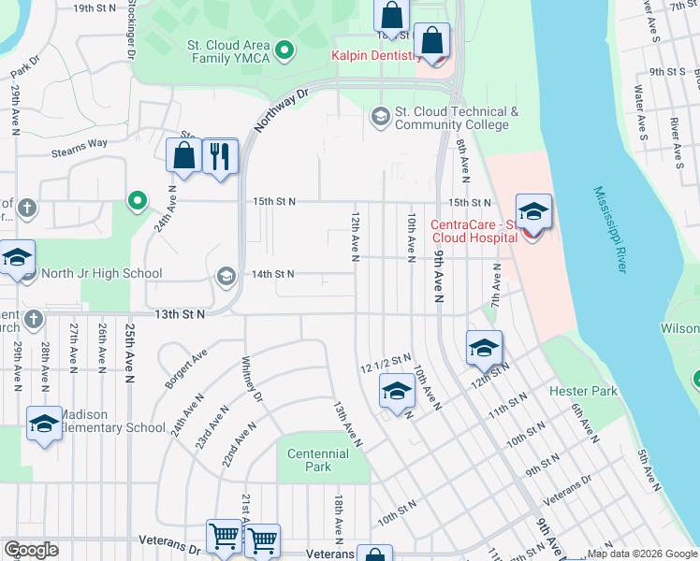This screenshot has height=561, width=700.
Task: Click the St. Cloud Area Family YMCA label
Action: point(228,51)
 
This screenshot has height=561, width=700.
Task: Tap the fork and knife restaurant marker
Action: point(220,156)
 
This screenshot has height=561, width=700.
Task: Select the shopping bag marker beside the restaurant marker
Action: point(184,156)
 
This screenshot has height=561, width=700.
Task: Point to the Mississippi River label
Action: point(607,229)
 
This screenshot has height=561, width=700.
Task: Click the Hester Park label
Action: point(583,391)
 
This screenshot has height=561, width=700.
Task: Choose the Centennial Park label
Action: point(318,460)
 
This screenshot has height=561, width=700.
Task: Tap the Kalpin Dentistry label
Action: point(374,56)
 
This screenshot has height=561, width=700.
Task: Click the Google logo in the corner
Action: point(31,550)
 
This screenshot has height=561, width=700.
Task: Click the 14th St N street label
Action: point(271,274)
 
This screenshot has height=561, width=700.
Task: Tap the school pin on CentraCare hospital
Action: point(533,212)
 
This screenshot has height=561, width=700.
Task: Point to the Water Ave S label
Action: point(641,108)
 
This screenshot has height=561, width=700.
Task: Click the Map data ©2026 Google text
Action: point(641,554)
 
